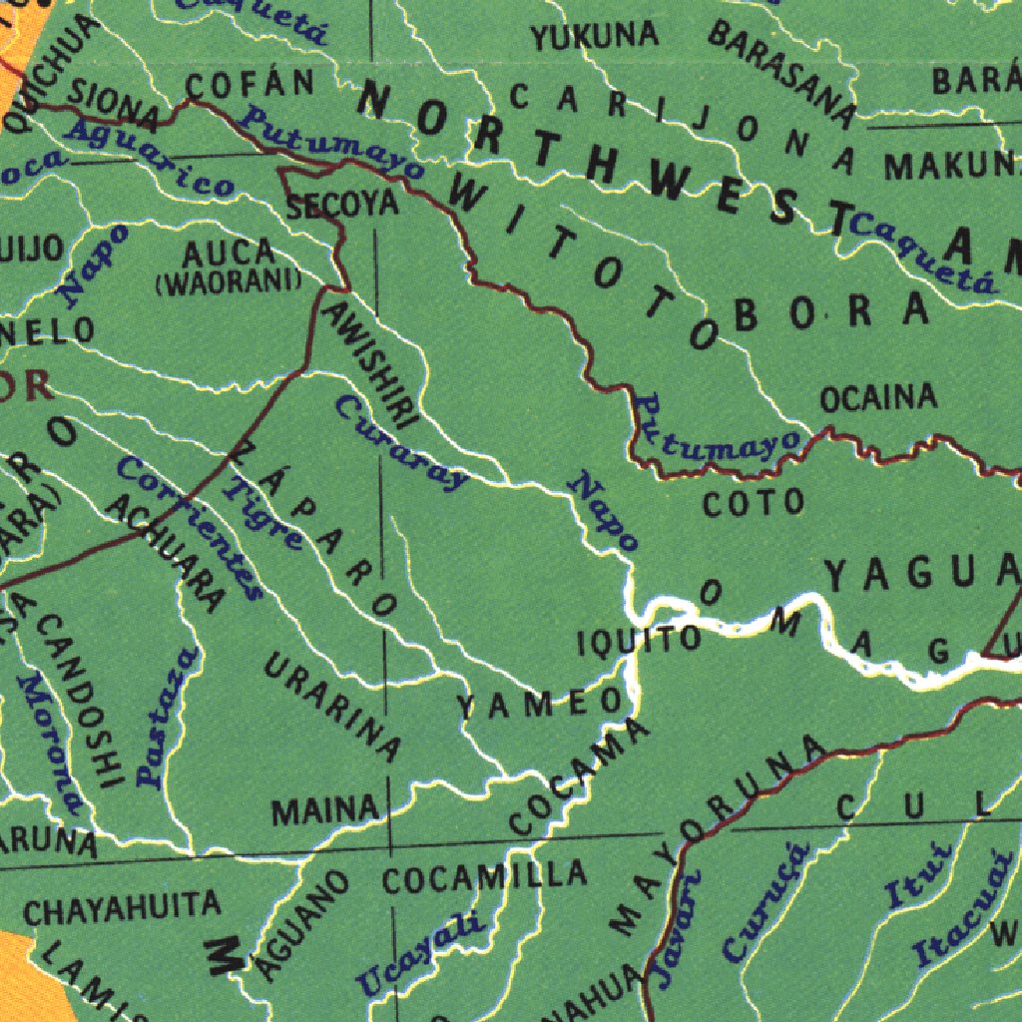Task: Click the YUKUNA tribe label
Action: click(x=595, y=37)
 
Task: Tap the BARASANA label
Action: click(x=782, y=73)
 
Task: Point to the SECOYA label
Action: click(x=342, y=206)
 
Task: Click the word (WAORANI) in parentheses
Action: click(x=229, y=282)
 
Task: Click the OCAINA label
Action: click(x=878, y=398)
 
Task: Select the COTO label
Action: click(x=754, y=502)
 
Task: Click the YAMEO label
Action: click(x=540, y=704)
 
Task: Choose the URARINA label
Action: click(x=332, y=706)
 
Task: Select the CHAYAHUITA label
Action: click(x=122, y=908)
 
